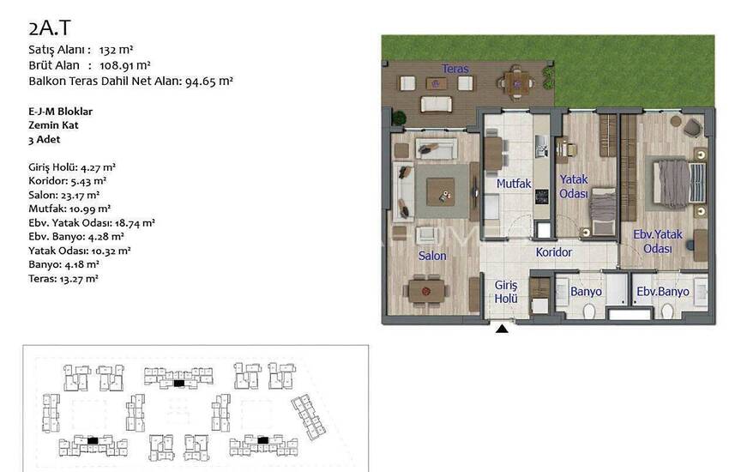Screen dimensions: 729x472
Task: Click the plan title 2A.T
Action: [49, 28]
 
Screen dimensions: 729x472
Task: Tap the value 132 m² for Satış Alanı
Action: [117, 50]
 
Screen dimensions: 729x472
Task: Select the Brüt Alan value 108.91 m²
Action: [125, 65]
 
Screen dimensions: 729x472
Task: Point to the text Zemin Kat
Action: [53, 125]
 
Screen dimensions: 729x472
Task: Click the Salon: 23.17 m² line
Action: [64, 195]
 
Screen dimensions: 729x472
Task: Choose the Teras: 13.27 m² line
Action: [63, 279]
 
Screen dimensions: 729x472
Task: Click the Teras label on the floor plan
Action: [455, 69]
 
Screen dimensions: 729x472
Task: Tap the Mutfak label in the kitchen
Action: [514, 184]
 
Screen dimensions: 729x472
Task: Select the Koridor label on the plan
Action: [554, 252]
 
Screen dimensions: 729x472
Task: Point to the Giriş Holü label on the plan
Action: [506, 292]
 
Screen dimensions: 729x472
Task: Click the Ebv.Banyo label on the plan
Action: [662, 292]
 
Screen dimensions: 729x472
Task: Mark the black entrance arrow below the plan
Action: [502, 329]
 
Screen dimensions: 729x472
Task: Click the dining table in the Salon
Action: [426, 292]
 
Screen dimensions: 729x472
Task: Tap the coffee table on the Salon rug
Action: [440, 191]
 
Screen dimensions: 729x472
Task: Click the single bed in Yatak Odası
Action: [603, 212]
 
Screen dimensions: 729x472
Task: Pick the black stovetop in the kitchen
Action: [541, 197]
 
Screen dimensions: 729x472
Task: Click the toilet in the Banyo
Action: [589, 312]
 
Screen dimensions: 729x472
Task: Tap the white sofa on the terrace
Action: [436, 104]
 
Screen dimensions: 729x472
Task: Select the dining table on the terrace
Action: [516, 84]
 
